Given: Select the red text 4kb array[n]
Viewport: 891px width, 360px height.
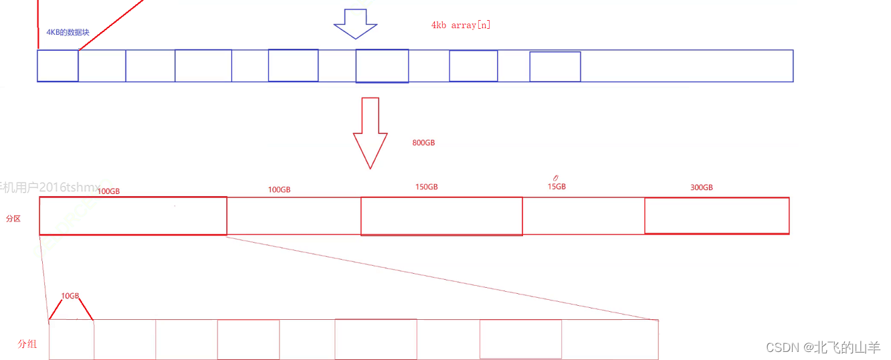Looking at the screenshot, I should click(x=462, y=25).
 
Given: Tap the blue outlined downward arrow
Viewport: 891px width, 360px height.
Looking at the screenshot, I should click(x=356, y=24).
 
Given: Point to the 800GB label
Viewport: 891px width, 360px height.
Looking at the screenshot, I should click(x=424, y=143).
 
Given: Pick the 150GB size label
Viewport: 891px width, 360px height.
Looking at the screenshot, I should click(x=426, y=187).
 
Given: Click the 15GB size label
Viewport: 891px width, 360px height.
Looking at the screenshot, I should click(x=557, y=187).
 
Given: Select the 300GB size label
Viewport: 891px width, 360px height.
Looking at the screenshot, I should click(x=701, y=188).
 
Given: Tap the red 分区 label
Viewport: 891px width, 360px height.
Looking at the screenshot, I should click(x=13, y=219).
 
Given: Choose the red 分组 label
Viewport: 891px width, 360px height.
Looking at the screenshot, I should click(x=27, y=344).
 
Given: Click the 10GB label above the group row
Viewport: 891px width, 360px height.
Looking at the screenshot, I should click(x=70, y=296).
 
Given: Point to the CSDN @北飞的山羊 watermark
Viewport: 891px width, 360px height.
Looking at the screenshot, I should click(x=823, y=347).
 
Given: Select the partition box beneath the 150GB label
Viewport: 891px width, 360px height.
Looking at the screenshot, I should click(x=441, y=216).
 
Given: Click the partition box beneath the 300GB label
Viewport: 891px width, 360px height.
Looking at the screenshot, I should click(x=716, y=215).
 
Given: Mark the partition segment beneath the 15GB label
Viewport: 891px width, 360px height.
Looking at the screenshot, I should click(x=583, y=216).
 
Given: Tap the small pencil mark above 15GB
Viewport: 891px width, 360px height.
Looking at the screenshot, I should click(x=555, y=178).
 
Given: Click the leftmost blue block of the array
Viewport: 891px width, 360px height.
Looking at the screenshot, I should click(x=58, y=66).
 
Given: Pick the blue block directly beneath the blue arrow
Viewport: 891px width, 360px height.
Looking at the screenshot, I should click(x=382, y=66).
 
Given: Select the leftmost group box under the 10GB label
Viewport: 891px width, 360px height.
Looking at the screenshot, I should click(x=72, y=339).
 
